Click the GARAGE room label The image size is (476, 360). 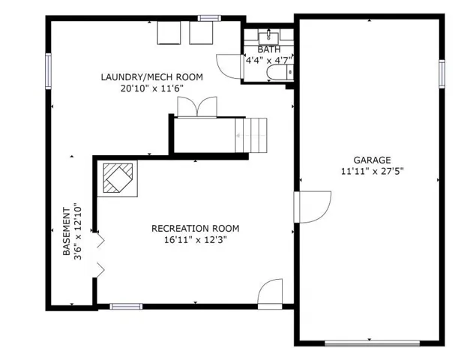tap(372, 160)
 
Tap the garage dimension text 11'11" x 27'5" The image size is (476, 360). tap(372, 171)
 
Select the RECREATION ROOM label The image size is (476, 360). tap(195, 228)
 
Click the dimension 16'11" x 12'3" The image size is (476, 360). tap(196, 240)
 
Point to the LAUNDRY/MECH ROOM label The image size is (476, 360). tap(151, 76)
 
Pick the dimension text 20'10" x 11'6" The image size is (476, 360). tap(152, 88)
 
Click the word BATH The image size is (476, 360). tap(269, 49)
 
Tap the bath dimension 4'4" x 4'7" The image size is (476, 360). tap(269, 60)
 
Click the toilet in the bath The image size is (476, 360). tap(280, 73)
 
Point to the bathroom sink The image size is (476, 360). tap(268, 37)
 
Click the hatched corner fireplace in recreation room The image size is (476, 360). tap(118, 178)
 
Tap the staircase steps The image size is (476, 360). tap(251, 136)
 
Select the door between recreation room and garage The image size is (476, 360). tap(312, 207)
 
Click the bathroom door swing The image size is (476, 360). tap(229, 67)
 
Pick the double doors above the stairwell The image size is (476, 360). tap(197, 107)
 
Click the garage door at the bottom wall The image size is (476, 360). tap(372, 343)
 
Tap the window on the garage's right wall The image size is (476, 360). tap(442, 74)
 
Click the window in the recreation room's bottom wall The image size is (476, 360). tap(126, 306)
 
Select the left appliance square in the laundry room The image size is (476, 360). tap(169, 33)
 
